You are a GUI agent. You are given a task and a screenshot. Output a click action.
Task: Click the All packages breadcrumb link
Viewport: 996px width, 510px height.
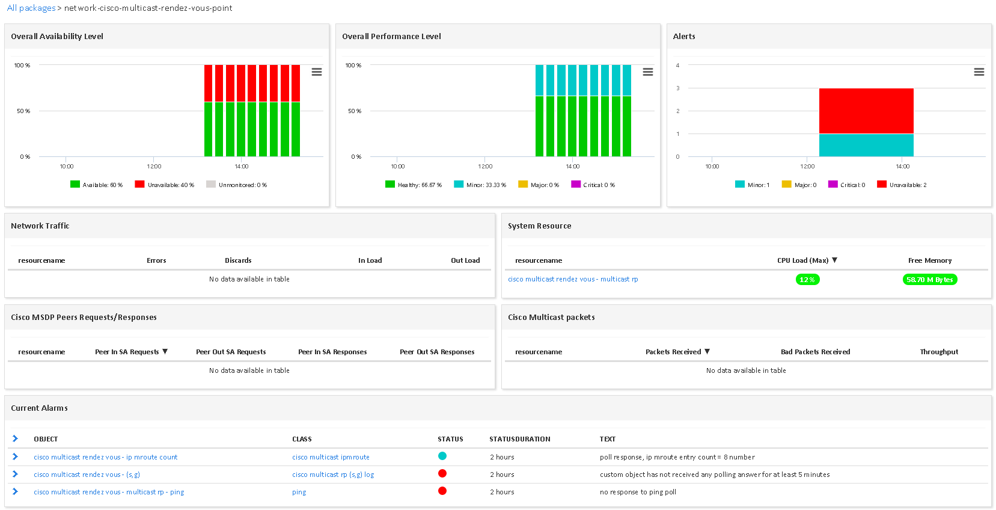(31, 8)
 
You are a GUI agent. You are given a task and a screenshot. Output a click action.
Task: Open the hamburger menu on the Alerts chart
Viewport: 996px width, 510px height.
(979, 72)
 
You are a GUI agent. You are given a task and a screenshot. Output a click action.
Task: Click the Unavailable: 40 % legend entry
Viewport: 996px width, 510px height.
(165, 185)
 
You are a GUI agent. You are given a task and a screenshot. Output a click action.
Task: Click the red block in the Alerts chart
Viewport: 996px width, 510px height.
(866, 111)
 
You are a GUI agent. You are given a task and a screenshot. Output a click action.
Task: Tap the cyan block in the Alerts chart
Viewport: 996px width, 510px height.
(866, 145)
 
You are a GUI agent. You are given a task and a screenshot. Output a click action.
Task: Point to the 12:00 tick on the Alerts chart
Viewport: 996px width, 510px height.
(807, 166)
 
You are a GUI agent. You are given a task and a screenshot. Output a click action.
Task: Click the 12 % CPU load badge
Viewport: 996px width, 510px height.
(807, 280)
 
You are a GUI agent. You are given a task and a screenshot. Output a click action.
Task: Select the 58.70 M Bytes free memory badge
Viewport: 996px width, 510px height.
(929, 280)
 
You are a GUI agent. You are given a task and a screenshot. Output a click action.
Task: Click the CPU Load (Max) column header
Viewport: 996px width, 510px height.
(803, 260)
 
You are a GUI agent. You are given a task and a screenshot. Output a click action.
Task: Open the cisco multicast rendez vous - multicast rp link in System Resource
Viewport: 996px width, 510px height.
(573, 279)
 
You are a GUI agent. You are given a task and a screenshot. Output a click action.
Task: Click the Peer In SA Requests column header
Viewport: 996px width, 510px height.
(127, 352)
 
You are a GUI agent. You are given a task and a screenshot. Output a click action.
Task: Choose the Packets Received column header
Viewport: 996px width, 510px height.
(673, 352)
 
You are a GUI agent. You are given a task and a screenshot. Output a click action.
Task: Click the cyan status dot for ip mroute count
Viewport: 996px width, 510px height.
(442, 456)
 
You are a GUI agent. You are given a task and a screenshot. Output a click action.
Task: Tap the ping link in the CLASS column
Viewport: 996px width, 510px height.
(299, 492)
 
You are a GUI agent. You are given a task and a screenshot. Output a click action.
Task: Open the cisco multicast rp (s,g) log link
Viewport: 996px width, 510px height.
(333, 475)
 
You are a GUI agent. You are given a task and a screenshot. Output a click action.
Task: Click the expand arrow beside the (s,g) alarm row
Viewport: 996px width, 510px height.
(15, 474)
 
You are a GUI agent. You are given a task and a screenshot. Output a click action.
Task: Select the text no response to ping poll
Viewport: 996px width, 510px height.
(638, 492)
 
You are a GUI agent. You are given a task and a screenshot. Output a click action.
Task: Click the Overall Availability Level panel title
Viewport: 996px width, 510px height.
(57, 36)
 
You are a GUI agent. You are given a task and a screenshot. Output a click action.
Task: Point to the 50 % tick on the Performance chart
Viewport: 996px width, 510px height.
(355, 111)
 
